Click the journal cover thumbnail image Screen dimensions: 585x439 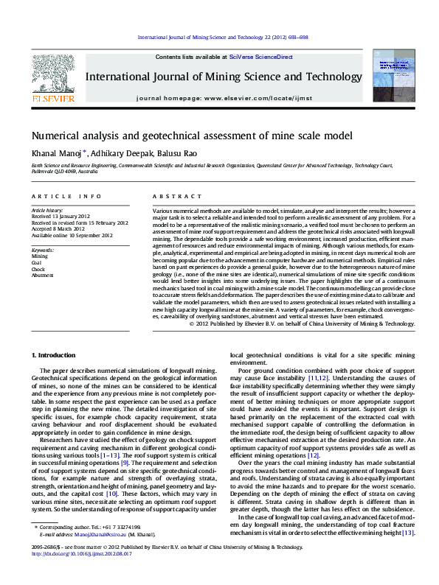(392, 77)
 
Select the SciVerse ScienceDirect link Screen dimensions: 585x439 (260, 57)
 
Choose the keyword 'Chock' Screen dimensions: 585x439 (38, 268)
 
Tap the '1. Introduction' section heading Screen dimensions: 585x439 (56, 355)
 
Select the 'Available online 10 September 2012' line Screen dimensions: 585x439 (71, 235)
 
